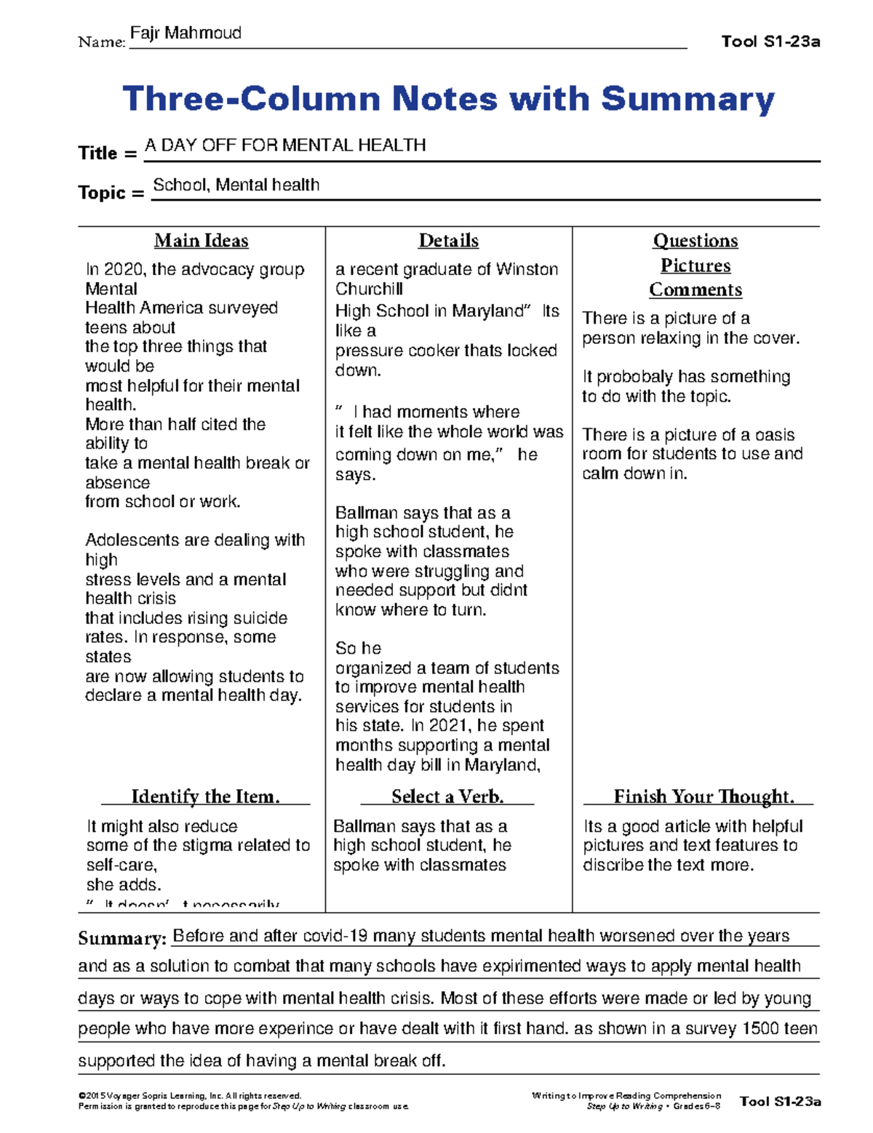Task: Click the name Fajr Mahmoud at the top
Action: pyautogui.click(x=185, y=33)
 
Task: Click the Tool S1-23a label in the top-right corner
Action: pyautogui.click(x=770, y=41)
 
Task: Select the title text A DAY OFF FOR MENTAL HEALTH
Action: pyautogui.click(x=285, y=145)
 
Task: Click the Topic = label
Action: pyautogui.click(x=111, y=193)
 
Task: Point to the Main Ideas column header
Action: pyautogui.click(x=202, y=241)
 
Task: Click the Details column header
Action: pyautogui.click(x=448, y=241)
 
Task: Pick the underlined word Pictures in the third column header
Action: pyautogui.click(x=695, y=265)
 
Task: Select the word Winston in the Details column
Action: pyautogui.click(x=527, y=270)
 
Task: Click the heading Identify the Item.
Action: pyautogui.click(x=205, y=797)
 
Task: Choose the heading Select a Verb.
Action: pyautogui.click(x=447, y=797)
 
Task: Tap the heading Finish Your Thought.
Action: pyautogui.click(x=703, y=797)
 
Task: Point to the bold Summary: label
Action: pyautogui.click(x=122, y=939)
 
